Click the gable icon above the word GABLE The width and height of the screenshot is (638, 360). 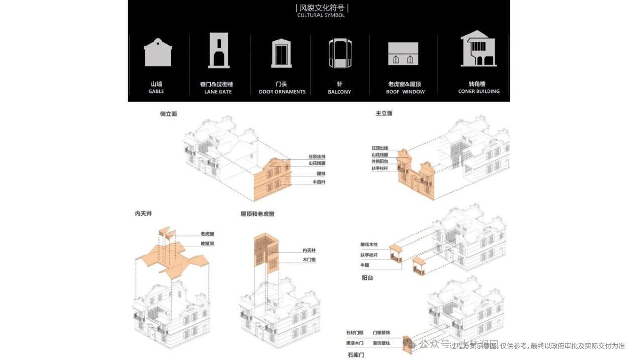click(158, 52)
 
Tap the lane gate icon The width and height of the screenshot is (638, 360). click(219, 50)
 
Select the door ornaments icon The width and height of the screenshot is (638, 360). click(281, 53)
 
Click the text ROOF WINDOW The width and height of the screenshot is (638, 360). click(405, 92)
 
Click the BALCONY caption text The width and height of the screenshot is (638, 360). click(339, 92)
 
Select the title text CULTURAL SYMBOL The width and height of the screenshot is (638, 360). click(321, 15)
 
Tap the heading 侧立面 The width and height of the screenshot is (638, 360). click(168, 114)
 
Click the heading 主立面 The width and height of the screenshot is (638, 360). click(384, 113)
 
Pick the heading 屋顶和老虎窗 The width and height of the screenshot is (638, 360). click(257, 214)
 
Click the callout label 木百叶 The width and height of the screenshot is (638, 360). click(319, 182)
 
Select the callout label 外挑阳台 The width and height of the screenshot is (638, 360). click(380, 162)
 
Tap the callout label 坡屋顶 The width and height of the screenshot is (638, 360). click(207, 244)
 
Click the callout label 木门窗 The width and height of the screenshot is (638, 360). click(309, 260)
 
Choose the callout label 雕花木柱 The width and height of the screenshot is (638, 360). click(368, 245)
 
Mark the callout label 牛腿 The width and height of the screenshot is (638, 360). click(364, 265)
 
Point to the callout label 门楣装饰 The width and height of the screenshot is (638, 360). click(381, 333)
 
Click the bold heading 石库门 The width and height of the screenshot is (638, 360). click(356, 355)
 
